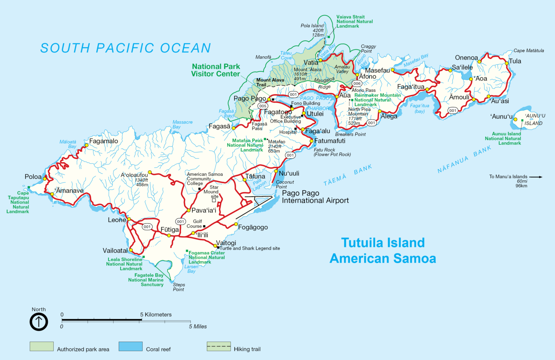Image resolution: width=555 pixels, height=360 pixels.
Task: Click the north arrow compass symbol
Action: tap(39, 322)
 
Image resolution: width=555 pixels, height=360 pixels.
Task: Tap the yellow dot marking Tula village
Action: tap(506, 64)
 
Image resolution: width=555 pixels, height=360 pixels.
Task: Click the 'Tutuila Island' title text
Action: tap(382, 243)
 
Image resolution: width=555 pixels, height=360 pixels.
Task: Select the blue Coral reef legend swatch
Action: tap(131, 346)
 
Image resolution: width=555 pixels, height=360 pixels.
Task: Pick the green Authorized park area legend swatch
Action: tap(42, 346)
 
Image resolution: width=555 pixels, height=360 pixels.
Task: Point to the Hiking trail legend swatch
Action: tap(218, 346)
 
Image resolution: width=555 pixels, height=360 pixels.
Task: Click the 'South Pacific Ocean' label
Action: tap(126, 48)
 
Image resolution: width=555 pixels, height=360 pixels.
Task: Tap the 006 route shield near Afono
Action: tap(357, 83)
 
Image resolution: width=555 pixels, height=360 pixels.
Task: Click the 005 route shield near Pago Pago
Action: tap(262, 106)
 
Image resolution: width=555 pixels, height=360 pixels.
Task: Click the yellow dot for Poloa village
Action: tap(45, 177)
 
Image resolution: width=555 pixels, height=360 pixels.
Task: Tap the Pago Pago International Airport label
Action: tap(315, 197)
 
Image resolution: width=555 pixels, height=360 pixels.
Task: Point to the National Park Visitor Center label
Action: tap(216, 70)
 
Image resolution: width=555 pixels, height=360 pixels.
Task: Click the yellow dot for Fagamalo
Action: tap(86, 145)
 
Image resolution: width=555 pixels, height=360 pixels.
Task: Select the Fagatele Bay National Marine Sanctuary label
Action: tap(146, 280)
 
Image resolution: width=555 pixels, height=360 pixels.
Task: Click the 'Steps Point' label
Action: tap(178, 287)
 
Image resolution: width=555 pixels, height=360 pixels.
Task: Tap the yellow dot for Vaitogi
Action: tap(215, 246)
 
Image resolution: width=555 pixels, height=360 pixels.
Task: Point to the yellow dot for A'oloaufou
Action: tap(150, 172)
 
